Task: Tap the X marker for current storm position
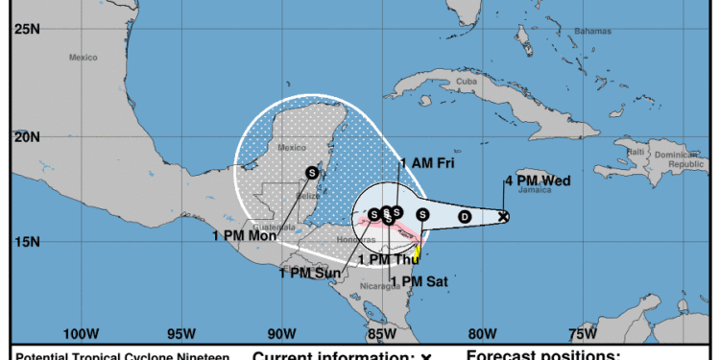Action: pyautogui.click(x=504, y=217)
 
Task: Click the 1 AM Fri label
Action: pyautogui.click(x=426, y=163)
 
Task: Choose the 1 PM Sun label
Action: pyautogui.click(x=310, y=273)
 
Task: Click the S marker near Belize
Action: pyautogui.click(x=312, y=172)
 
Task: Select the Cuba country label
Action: pyautogui.click(x=467, y=83)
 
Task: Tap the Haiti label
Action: pyautogui.click(x=635, y=152)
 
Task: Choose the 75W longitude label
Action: pyautogui.click(x=581, y=335)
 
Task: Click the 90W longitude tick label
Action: pyautogui.click(x=280, y=335)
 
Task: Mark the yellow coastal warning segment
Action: pyautogui.click(x=418, y=252)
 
